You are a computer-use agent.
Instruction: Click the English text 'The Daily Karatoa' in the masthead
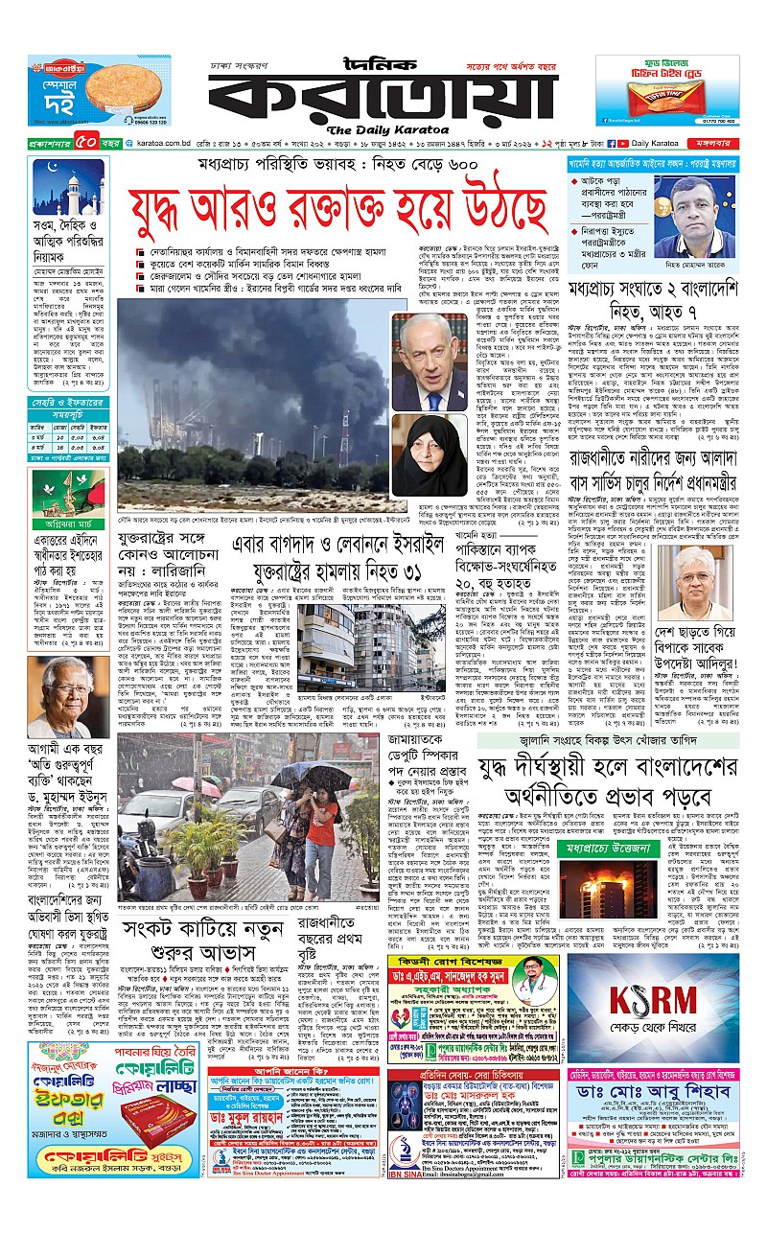[x=383, y=130]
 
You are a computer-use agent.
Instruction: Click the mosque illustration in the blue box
[x=67, y=190]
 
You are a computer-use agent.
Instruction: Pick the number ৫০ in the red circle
[x=82, y=144]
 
